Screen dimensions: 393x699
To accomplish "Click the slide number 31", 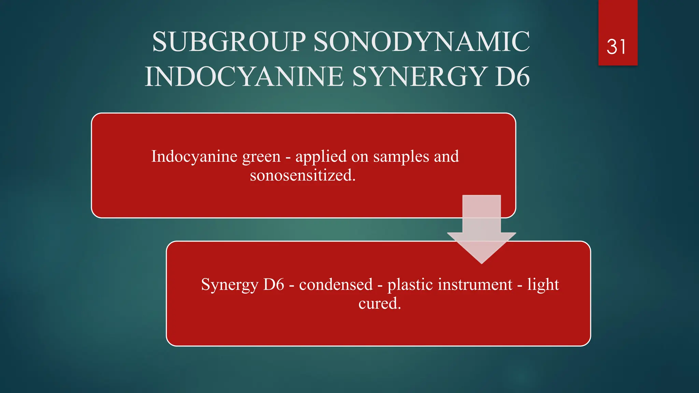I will [x=616, y=47].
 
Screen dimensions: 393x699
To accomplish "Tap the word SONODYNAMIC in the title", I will [x=422, y=42].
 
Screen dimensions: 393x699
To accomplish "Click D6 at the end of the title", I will [x=512, y=77].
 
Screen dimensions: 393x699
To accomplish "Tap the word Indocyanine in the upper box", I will [x=194, y=157].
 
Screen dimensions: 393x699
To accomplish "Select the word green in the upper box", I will [x=261, y=157].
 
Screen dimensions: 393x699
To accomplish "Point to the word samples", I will [x=401, y=157].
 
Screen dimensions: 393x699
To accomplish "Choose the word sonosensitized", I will [x=302, y=176].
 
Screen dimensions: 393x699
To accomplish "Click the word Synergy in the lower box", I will [x=229, y=285].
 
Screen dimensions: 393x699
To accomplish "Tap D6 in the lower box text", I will [x=273, y=285].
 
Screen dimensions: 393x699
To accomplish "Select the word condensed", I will [x=336, y=285].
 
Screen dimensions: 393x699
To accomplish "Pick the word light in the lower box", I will [x=543, y=285].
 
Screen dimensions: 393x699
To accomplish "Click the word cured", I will [x=379, y=304].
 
